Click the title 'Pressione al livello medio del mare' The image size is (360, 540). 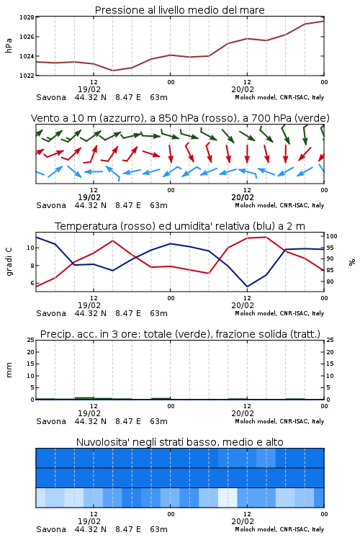coord(179,10)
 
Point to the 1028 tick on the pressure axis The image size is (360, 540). coord(27,17)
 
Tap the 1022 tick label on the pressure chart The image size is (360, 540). coord(27,76)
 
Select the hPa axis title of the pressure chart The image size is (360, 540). coord(9,45)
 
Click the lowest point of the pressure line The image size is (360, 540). coord(112,71)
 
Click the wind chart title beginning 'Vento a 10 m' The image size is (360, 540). coord(180,118)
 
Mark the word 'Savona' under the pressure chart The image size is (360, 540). coord(51,97)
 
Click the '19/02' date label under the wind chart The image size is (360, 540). coord(89,197)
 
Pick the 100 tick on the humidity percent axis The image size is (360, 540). coord(332,236)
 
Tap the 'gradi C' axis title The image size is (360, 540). coord(9,262)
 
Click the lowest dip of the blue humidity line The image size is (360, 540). coord(247,287)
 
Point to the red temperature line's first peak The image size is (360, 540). coord(112,240)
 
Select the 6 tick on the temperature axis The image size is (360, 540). coord(32,283)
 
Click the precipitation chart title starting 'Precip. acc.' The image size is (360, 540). coord(180,334)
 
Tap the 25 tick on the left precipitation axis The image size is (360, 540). coord(31,340)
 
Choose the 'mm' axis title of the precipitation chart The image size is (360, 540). coord(9,370)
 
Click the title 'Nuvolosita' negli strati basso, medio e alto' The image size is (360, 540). coord(179,442)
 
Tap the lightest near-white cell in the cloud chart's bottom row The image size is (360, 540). coord(228,498)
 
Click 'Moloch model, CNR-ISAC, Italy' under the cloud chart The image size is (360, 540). coord(279,529)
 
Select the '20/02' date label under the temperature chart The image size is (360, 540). coord(243,305)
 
